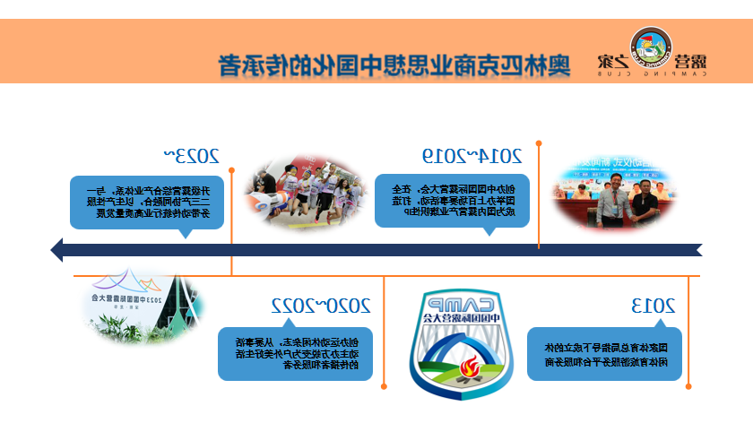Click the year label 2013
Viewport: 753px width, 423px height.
point(653,307)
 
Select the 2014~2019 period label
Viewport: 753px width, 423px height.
point(472,155)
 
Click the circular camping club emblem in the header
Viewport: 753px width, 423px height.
point(650,48)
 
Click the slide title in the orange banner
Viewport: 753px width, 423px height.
point(395,65)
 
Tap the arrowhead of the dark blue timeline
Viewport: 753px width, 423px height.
point(57,249)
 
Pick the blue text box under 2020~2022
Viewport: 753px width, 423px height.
point(295,353)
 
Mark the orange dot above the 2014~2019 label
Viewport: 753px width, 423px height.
point(539,141)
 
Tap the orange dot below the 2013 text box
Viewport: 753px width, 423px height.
point(688,386)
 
